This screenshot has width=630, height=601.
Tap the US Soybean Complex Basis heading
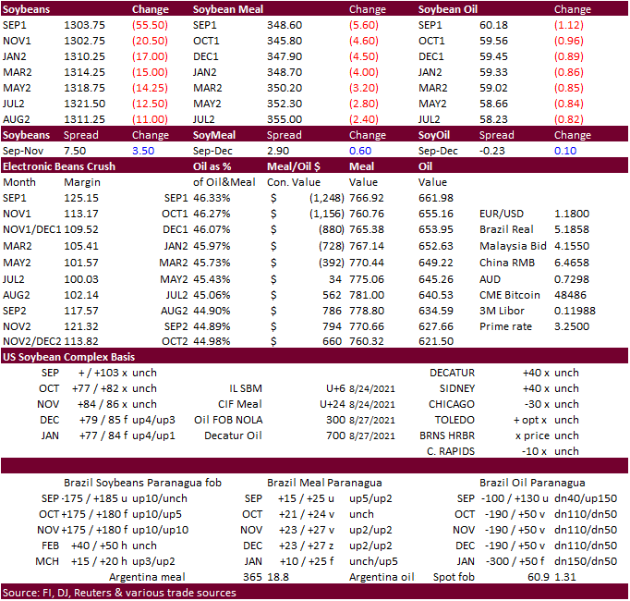(67, 356)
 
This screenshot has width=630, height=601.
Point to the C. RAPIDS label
(452, 451)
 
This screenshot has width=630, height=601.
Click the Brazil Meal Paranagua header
(324, 483)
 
